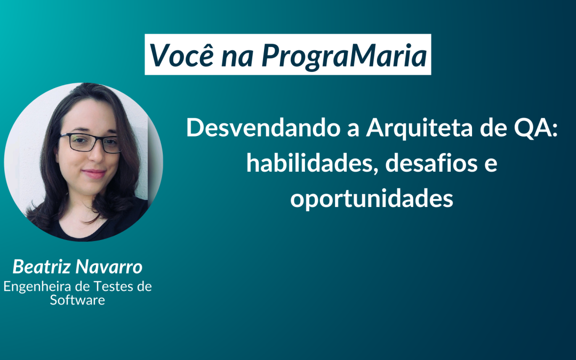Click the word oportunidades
coord(371,198)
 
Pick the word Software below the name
coord(77,300)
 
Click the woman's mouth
coord(94,173)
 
